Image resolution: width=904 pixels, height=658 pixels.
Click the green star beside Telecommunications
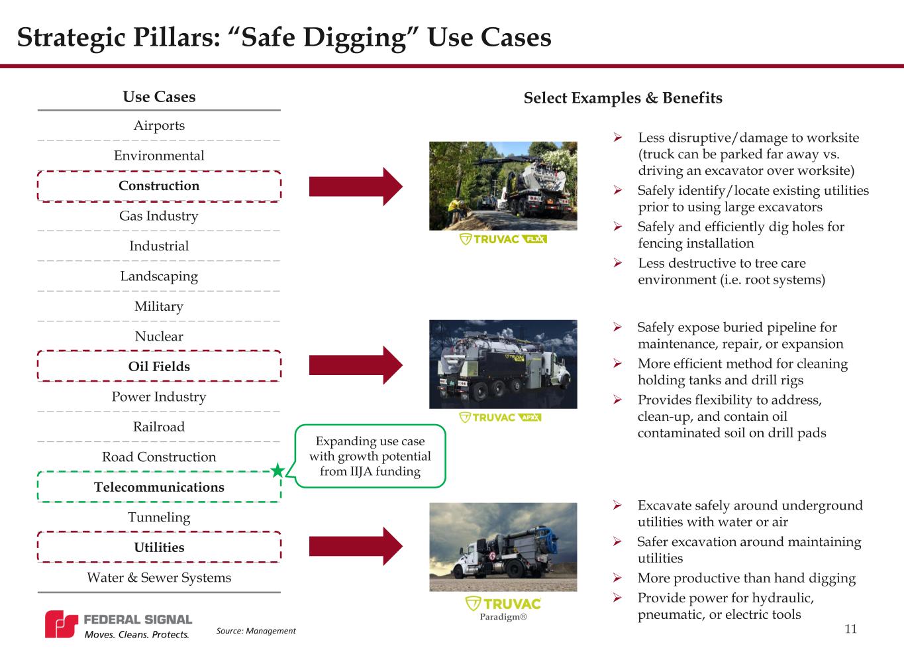click(278, 471)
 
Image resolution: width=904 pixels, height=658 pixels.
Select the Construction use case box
click(159, 186)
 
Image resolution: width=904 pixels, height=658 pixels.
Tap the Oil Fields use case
click(159, 366)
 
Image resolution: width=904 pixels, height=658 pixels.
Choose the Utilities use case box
click(159, 547)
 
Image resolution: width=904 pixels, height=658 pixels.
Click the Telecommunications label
click(159, 487)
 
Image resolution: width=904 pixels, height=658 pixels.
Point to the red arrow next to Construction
click(355, 186)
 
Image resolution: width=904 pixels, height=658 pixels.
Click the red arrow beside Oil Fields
click(355, 364)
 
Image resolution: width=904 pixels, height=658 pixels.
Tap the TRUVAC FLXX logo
click(503, 239)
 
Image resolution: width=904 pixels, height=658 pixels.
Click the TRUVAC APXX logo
click(501, 417)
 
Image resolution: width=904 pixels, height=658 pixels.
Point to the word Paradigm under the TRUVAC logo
click(503, 617)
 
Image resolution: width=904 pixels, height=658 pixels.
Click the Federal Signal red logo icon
click(61, 624)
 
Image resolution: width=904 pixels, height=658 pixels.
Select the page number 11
click(850, 629)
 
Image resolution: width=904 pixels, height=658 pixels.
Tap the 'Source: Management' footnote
click(256, 631)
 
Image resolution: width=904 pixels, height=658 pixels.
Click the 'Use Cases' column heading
click(159, 97)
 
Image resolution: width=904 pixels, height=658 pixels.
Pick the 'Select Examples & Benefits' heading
click(623, 98)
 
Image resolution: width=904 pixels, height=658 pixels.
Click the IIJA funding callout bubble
click(370, 456)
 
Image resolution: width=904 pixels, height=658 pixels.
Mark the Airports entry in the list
click(159, 125)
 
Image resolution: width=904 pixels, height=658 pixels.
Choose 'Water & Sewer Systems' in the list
click(159, 577)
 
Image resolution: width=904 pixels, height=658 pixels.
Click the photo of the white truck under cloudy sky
click(503, 547)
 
